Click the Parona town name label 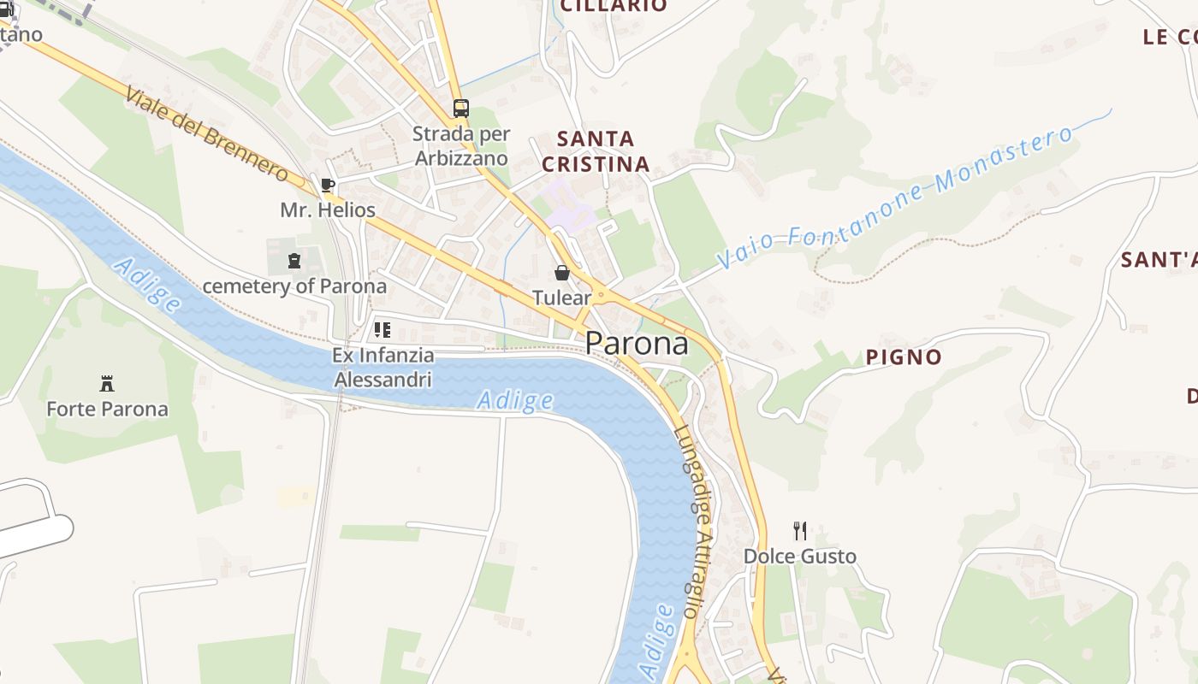click(x=637, y=344)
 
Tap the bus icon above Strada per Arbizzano click(x=461, y=109)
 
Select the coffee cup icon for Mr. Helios click(x=327, y=185)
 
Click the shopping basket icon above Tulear click(x=562, y=273)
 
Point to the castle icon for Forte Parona click(x=107, y=384)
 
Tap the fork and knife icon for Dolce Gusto click(x=800, y=531)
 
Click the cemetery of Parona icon click(x=295, y=261)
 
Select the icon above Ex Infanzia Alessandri click(x=383, y=330)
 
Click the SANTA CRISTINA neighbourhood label click(x=596, y=151)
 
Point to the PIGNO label click(x=904, y=357)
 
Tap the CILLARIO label click(x=614, y=6)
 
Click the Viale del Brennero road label click(x=206, y=134)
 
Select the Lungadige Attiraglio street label click(x=692, y=521)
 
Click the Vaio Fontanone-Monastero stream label click(x=894, y=198)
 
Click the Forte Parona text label click(x=107, y=409)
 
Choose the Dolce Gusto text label click(x=800, y=557)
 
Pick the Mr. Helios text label click(x=328, y=209)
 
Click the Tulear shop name click(x=562, y=298)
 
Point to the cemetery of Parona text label click(x=294, y=286)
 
